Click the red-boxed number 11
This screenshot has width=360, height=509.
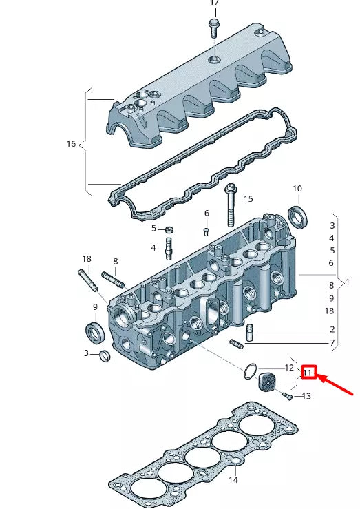click(x=308, y=373)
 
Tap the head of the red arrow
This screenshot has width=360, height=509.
click(x=320, y=377)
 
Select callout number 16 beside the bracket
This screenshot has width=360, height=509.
click(x=71, y=144)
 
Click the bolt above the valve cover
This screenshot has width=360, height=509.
click(x=213, y=27)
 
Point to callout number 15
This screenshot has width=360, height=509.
click(x=248, y=198)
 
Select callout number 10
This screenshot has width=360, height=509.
click(x=297, y=189)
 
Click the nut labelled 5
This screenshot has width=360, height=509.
click(x=169, y=229)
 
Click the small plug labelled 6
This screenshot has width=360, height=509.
click(x=205, y=232)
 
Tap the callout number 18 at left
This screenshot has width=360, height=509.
click(x=86, y=259)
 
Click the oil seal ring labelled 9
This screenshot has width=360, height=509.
click(x=95, y=331)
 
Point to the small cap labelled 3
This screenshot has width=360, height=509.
click(x=105, y=355)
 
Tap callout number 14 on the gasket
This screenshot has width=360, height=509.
click(x=233, y=479)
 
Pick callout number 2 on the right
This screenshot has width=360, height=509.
click(x=332, y=330)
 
